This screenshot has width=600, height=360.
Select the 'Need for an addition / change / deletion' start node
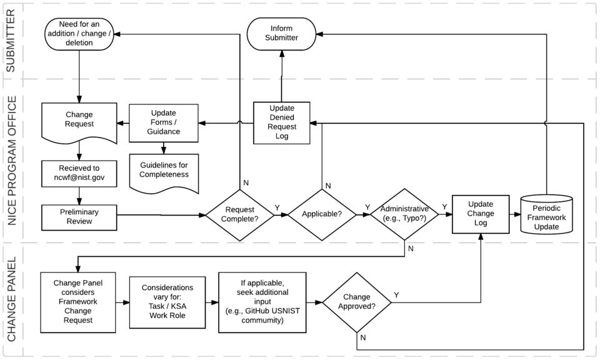(x=79, y=34)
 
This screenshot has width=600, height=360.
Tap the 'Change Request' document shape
(x=79, y=121)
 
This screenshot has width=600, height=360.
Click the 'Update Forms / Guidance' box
(x=163, y=122)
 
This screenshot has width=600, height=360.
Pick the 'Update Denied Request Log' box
(x=281, y=121)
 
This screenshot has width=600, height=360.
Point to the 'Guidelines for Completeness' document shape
(x=163, y=171)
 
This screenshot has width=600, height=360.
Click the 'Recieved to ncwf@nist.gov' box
(x=79, y=173)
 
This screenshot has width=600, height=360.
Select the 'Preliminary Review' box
(x=79, y=216)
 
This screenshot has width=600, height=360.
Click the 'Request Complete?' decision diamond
(x=240, y=214)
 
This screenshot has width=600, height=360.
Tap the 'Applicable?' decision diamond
(x=321, y=214)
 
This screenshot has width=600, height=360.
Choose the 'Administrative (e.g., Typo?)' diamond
(x=404, y=214)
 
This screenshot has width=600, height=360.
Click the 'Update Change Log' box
(x=480, y=214)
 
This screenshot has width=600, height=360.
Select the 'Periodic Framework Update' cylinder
(x=546, y=216)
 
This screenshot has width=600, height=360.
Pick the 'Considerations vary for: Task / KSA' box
(x=167, y=302)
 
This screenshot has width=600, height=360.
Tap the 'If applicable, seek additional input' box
(x=262, y=302)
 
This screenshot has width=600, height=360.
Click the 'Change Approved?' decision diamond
(x=356, y=302)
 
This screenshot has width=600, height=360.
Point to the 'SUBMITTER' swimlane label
(x=11, y=41)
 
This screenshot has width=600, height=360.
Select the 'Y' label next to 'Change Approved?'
(x=396, y=294)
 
